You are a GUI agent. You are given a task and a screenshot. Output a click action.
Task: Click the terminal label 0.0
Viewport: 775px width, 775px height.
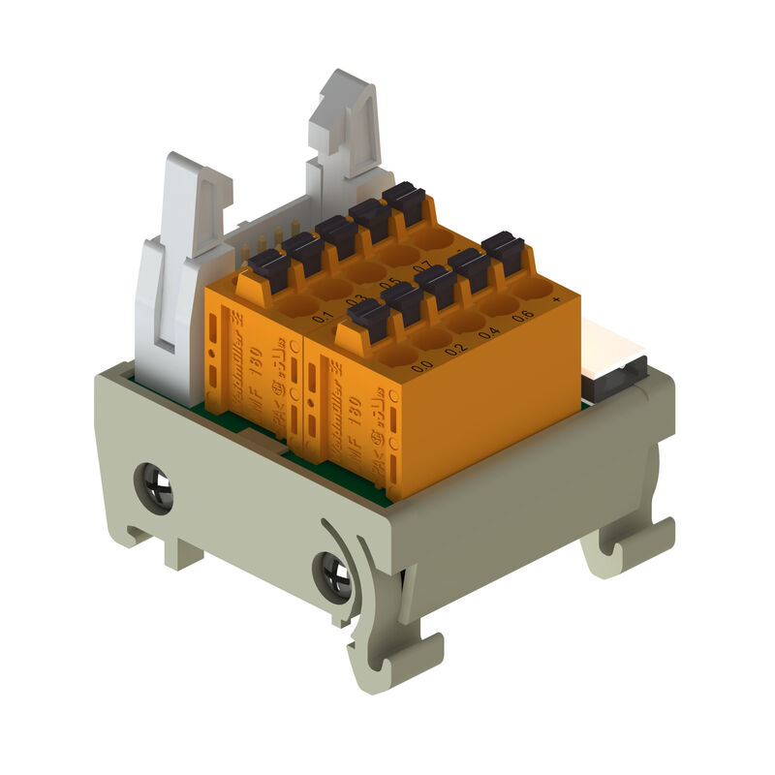(421, 366)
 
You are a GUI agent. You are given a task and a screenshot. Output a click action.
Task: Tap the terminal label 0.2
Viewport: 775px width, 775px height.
(455, 349)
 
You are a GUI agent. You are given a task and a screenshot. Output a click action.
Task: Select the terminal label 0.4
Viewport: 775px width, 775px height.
(489, 332)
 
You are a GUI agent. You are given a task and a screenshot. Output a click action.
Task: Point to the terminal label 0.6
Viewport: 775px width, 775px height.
(522, 316)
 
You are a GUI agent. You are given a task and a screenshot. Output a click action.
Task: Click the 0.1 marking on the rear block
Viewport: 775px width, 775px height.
(323, 317)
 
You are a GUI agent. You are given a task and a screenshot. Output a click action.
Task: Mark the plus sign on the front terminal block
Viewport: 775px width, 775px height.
(555, 300)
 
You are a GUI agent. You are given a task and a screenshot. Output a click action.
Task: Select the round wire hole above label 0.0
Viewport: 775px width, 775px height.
(398, 355)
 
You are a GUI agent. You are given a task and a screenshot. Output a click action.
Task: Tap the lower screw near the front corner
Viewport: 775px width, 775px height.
(335, 578)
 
